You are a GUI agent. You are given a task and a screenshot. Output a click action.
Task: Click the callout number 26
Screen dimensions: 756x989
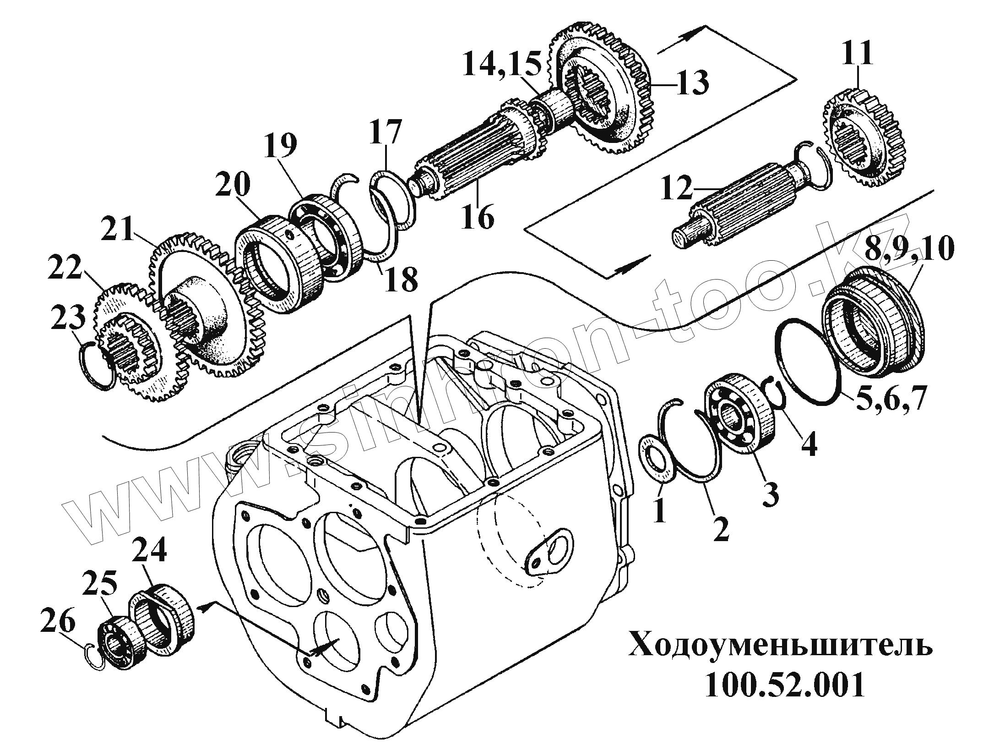click(58, 624)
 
